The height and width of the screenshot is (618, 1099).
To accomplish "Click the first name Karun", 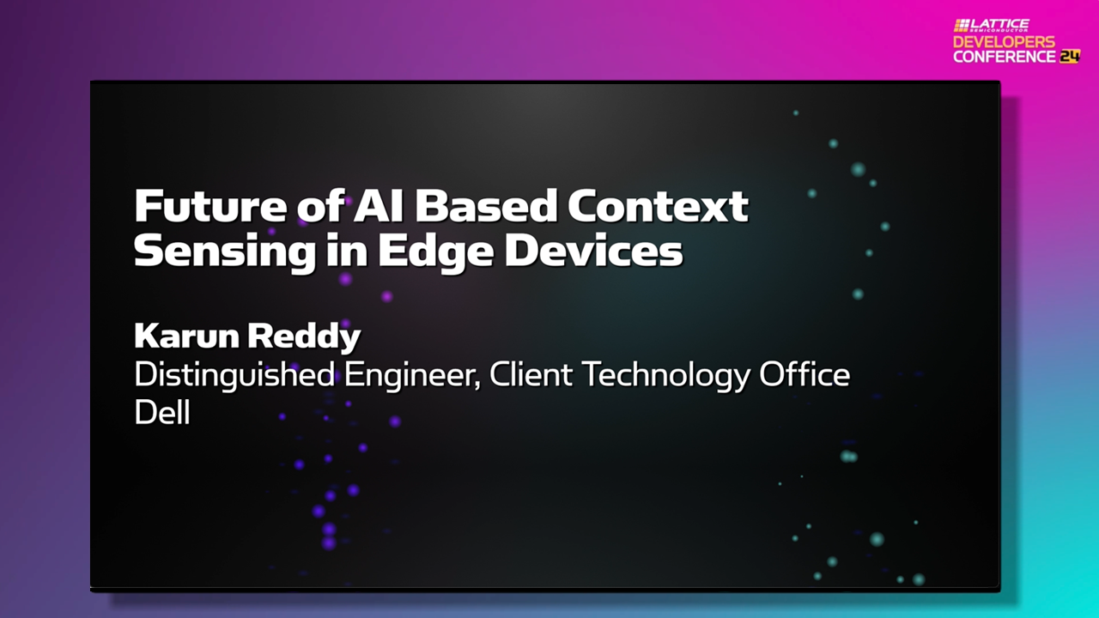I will click(185, 336).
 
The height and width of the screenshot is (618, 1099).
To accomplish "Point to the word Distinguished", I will click(234, 376).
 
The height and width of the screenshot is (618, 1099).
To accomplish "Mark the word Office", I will click(806, 375).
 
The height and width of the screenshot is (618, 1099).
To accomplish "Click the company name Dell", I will click(161, 413).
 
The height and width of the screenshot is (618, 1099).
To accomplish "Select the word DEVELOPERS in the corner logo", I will click(1004, 41).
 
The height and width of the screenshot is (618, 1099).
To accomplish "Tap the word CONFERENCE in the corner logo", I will click(1004, 56).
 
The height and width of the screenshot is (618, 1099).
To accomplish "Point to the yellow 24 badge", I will click(1069, 56).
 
